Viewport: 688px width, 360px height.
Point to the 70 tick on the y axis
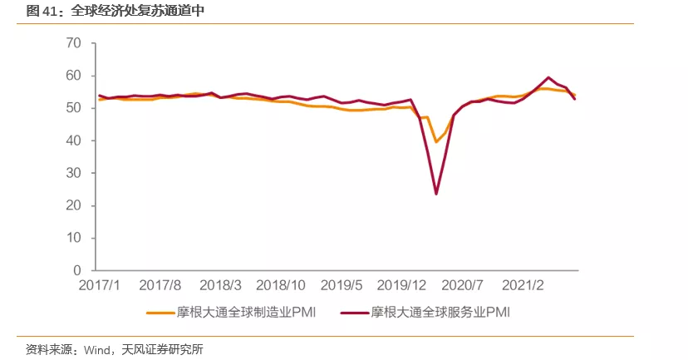pos(73,43)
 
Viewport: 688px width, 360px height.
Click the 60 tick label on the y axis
pos(73,76)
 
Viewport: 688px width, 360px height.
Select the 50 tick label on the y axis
pos(73,108)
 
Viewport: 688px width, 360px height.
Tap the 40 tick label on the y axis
pos(73,141)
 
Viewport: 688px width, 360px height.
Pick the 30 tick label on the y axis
pos(73,173)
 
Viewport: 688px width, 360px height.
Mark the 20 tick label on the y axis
pos(73,205)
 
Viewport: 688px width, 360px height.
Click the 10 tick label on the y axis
pos(73,238)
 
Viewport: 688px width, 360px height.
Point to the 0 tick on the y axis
pos(77,270)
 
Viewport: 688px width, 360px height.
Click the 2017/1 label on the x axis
pos(100,285)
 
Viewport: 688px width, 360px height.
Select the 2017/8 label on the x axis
pos(160,285)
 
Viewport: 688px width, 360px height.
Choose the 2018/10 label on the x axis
pos(282,285)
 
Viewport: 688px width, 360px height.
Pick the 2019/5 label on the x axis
pos(342,285)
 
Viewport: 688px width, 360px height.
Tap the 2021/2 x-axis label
pos(524,285)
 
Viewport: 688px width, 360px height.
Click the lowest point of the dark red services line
pos(436,194)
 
